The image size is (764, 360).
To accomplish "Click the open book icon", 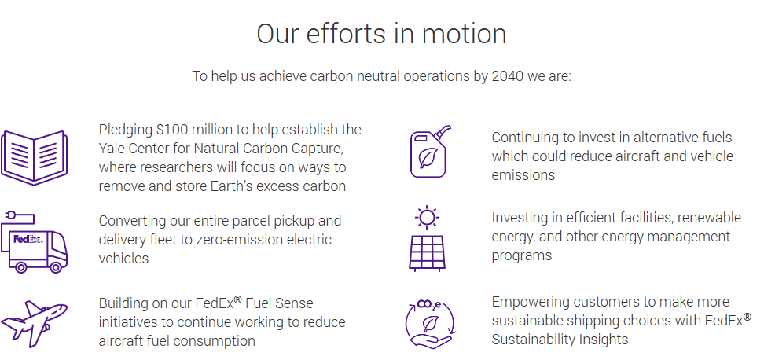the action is point(34,157).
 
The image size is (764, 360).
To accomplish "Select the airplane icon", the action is point(34,324).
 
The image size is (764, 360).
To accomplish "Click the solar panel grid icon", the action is point(427,253).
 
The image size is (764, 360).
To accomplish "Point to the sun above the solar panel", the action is point(427,217).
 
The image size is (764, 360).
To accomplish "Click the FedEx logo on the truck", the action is point(28,239).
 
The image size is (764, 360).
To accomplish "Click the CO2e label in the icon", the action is point(429,305).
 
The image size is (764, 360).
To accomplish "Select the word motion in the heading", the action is point(464,34).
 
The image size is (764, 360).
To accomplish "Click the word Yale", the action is point(112,148).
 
